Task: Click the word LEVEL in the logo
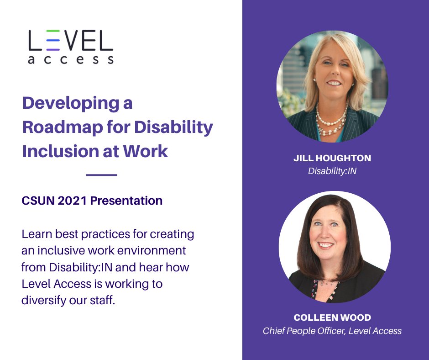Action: (70, 41)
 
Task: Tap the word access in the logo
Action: (70, 60)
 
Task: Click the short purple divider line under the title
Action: (101, 175)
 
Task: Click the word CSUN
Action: (37, 201)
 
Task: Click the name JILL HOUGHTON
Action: (332, 159)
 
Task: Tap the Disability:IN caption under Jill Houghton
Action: (332, 171)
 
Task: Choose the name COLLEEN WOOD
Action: (332, 318)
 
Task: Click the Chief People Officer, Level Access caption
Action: (332, 331)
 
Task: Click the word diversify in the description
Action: (47, 301)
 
